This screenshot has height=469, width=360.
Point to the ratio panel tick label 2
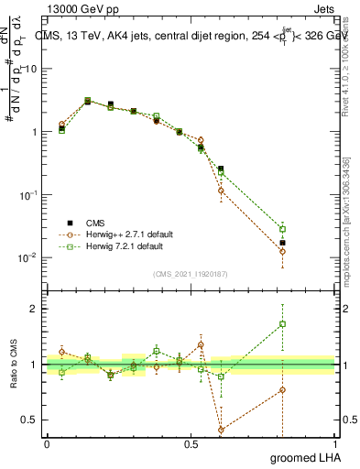(35, 309)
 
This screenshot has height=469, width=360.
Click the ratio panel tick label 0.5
(30, 420)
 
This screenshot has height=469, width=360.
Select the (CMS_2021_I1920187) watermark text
(191, 273)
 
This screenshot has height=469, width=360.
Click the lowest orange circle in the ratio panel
(221, 429)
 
